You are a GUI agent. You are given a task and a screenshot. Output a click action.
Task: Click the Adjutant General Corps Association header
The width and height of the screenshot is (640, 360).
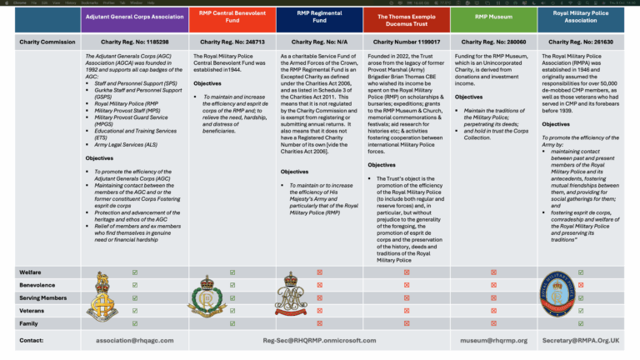tap(135, 17)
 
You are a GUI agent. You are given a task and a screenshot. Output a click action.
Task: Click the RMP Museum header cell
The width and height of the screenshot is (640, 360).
tap(493, 17)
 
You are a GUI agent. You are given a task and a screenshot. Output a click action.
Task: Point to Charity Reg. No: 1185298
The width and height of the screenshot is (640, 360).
tap(135, 42)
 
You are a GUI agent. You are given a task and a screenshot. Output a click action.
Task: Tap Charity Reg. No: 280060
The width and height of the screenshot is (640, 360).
tap(493, 42)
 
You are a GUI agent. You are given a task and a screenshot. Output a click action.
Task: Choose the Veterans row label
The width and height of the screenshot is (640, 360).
tap(33, 310)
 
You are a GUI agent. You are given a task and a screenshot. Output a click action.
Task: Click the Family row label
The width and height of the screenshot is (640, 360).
tap(29, 323)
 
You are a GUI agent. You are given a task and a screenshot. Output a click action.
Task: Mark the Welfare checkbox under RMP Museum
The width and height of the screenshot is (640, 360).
tap(493, 272)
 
